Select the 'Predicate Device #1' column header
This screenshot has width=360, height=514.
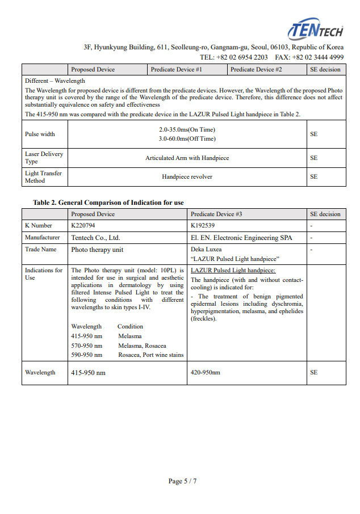click(x=176, y=70)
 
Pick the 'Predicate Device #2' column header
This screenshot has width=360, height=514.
click(x=256, y=70)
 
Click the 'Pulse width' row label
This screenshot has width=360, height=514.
click(x=40, y=134)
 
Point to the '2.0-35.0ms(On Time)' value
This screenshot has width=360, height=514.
click(x=187, y=130)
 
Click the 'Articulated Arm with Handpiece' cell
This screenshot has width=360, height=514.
click(x=187, y=158)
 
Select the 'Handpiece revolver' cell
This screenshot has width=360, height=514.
click(x=187, y=176)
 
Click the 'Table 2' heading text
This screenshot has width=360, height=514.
click(x=108, y=203)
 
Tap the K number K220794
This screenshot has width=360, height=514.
click(x=84, y=226)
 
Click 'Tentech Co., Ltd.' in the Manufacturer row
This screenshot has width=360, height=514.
click(x=95, y=238)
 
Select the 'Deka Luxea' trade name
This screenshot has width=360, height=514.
click(x=206, y=249)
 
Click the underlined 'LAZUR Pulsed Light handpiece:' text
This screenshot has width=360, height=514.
click(x=233, y=271)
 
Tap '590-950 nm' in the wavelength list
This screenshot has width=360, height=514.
click(x=86, y=355)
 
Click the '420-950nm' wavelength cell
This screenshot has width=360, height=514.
click(x=205, y=373)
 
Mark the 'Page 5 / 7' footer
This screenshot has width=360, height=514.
click(x=182, y=481)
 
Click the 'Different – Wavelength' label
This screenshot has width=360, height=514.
click(x=55, y=81)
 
